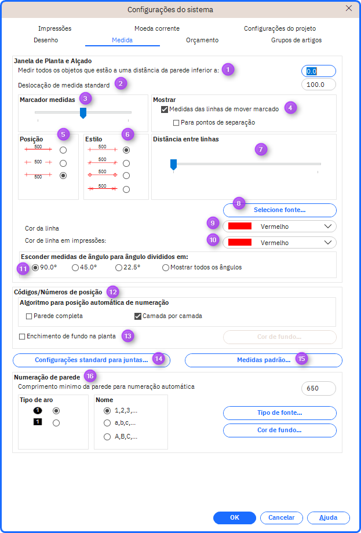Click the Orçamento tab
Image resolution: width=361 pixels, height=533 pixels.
(x=202, y=40)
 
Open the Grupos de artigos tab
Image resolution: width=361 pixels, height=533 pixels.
(x=296, y=40)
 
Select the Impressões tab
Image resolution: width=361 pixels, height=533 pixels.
(x=54, y=28)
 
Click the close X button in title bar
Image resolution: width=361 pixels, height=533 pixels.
(x=348, y=9)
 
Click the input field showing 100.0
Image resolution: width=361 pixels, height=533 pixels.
(x=319, y=85)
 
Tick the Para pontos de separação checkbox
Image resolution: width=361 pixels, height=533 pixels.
(x=176, y=122)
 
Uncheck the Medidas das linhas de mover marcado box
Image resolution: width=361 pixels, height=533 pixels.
(x=165, y=109)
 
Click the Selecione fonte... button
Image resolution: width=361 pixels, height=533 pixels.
(x=280, y=210)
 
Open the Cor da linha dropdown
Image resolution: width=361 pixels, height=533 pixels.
(x=279, y=227)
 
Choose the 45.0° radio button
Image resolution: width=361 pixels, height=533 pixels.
(x=75, y=268)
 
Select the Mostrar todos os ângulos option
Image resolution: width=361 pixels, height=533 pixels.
(x=166, y=268)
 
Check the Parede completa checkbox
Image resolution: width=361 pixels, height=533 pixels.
(x=29, y=316)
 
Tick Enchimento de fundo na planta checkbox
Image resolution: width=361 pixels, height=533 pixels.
(x=22, y=337)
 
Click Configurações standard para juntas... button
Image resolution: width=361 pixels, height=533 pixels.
(x=92, y=360)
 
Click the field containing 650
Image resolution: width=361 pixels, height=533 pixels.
(x=319, y=388)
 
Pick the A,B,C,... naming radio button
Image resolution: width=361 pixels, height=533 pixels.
(x=107, y=437)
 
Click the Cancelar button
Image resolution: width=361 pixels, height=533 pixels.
(x=282, y=518)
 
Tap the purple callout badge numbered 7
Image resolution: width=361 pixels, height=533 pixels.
(x=261, y=149)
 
